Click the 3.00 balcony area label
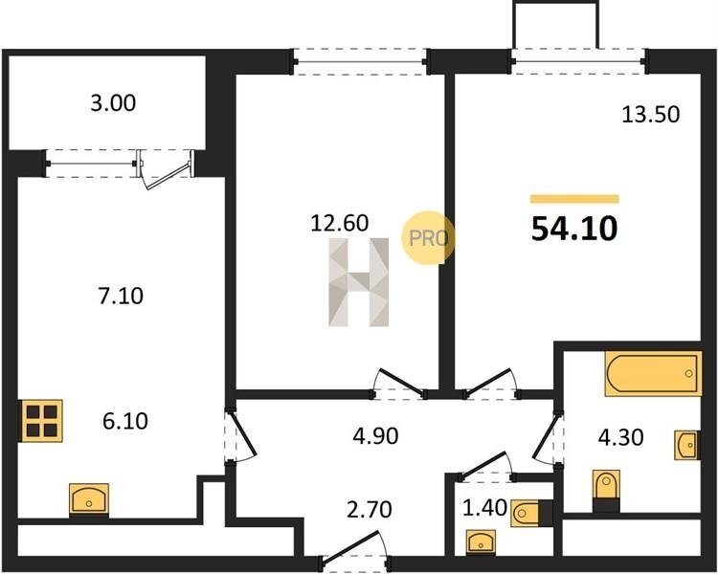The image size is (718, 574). click(x=113, y=103)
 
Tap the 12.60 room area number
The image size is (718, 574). click(x=339, y=223)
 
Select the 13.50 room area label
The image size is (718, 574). click(x=651, y=115)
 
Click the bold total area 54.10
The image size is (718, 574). click(x=574, y=229)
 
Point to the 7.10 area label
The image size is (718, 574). click(x=121, y=296)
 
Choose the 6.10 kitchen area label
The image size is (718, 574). click(x=125, y=421)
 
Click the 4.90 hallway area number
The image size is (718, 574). click(x=375, y=436)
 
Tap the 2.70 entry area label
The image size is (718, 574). click(x=370, y=510)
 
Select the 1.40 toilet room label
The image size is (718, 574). click(x=484, y=508)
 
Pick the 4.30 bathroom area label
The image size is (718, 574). click(x=621, y=437)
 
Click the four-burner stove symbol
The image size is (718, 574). click(x=41, y=421)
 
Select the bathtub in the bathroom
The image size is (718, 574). click(x=654, y=373)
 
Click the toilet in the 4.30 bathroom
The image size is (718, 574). click(x=606, y=491)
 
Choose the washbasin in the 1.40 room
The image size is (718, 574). click(x=481, y=542)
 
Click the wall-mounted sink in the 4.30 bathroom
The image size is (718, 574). click(x=687, y=445)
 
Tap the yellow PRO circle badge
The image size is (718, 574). click(x=428, y=237)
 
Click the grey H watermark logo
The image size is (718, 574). click(x=359, y=282)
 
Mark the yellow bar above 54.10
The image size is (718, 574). click(x=574, y=199)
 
